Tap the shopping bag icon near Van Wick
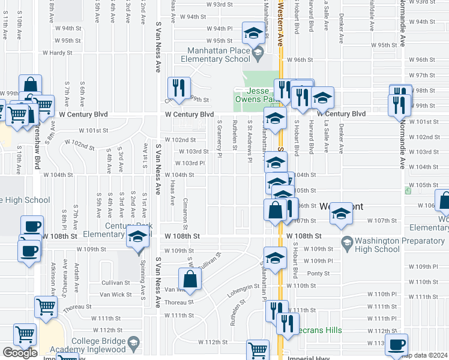pos(190,280)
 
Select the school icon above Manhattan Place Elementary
pos(253,32)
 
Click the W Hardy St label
pos(57,52)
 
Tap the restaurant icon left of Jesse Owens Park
pos(178,88)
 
